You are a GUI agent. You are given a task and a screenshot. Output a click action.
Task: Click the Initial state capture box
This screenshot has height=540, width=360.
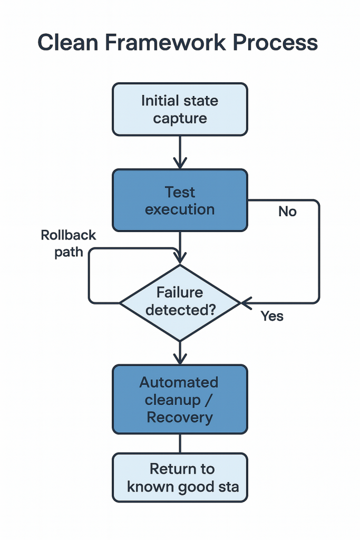click(x=180, y=109)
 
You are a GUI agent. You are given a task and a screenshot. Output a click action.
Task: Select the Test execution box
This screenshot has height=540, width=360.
click(x=180, y=200)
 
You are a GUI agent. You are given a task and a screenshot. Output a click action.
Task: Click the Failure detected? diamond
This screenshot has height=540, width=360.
click(x=180, y=302)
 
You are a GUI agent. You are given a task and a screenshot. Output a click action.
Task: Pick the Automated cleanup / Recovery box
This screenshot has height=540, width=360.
click(x=180, y=399)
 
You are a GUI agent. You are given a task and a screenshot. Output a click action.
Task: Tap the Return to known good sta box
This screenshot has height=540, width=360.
click(x=180, y=477)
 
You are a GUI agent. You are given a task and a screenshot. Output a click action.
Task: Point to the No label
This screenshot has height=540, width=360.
click(x=287, y=211)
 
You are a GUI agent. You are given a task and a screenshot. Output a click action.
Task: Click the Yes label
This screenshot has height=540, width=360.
click(x=272, y=316)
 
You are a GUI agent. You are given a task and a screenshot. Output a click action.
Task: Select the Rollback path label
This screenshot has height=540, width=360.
click(x=69, y=243)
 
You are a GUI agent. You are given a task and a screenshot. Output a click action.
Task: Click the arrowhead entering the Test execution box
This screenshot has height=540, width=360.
click(x=180, y=163)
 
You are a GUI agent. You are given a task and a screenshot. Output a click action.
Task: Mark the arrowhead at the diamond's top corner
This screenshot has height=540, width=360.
click(x=180, y=259)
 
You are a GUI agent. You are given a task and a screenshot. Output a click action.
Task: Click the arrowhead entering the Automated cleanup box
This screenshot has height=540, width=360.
click(x=180, y=359)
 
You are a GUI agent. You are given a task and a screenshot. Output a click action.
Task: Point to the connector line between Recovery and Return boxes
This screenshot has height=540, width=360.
click(x=180, y=443)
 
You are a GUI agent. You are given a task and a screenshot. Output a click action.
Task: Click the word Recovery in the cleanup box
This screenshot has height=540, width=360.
click(x=180, y=417)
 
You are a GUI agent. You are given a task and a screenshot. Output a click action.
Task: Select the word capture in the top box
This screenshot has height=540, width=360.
click(x=180, y=119)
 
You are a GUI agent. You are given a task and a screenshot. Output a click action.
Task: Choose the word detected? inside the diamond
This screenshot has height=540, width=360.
click(x=180, y=310)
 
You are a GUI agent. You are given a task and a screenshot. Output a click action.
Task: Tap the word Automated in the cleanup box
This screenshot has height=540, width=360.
click(x=180, y=382)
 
